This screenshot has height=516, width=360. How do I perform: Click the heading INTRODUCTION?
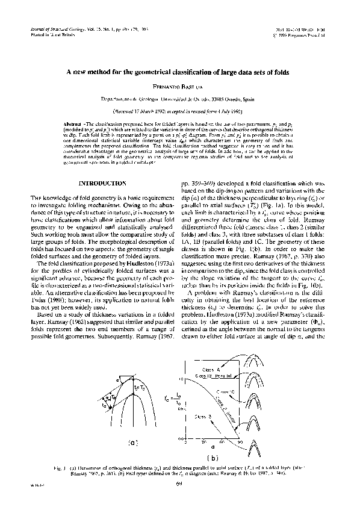103,183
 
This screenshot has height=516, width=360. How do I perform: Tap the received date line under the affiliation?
179,112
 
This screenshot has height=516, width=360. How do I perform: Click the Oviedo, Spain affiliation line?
179,99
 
